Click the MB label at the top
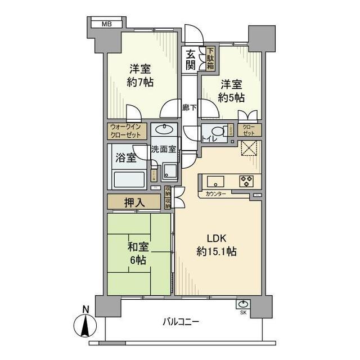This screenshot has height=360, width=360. [106, 24]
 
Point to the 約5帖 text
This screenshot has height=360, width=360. [232, 98]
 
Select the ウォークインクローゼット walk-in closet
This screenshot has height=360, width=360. [127, 131]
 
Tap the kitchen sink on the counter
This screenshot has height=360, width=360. [215, 181]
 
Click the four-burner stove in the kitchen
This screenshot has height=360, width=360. [246, 181]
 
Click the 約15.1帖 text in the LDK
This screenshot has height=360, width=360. [217, 251]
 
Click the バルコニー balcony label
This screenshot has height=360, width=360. [181, 323]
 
